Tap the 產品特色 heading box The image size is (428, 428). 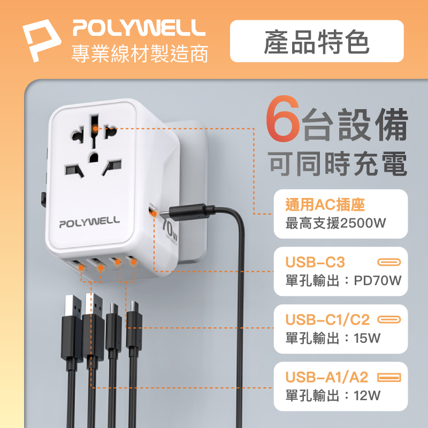(317, 41)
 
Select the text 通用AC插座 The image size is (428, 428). (325, 205)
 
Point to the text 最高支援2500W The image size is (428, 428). (336, 223)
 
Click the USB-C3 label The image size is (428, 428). (315, 262)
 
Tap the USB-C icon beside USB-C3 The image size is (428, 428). (389, 262)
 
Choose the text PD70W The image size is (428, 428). (378, 280)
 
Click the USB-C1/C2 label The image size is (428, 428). (327, 319)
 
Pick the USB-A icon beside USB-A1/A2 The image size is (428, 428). (389, 378)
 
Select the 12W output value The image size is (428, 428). (367, 395)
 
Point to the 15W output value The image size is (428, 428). (367, 338)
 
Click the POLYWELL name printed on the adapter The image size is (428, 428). (89, 222)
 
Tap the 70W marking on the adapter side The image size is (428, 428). (170, 231)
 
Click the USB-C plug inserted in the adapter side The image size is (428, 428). (191, 212)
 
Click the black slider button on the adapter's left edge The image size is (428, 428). (43, 200)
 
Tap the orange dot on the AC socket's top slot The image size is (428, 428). (95, 128)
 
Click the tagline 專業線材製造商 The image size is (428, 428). (140, 53)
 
